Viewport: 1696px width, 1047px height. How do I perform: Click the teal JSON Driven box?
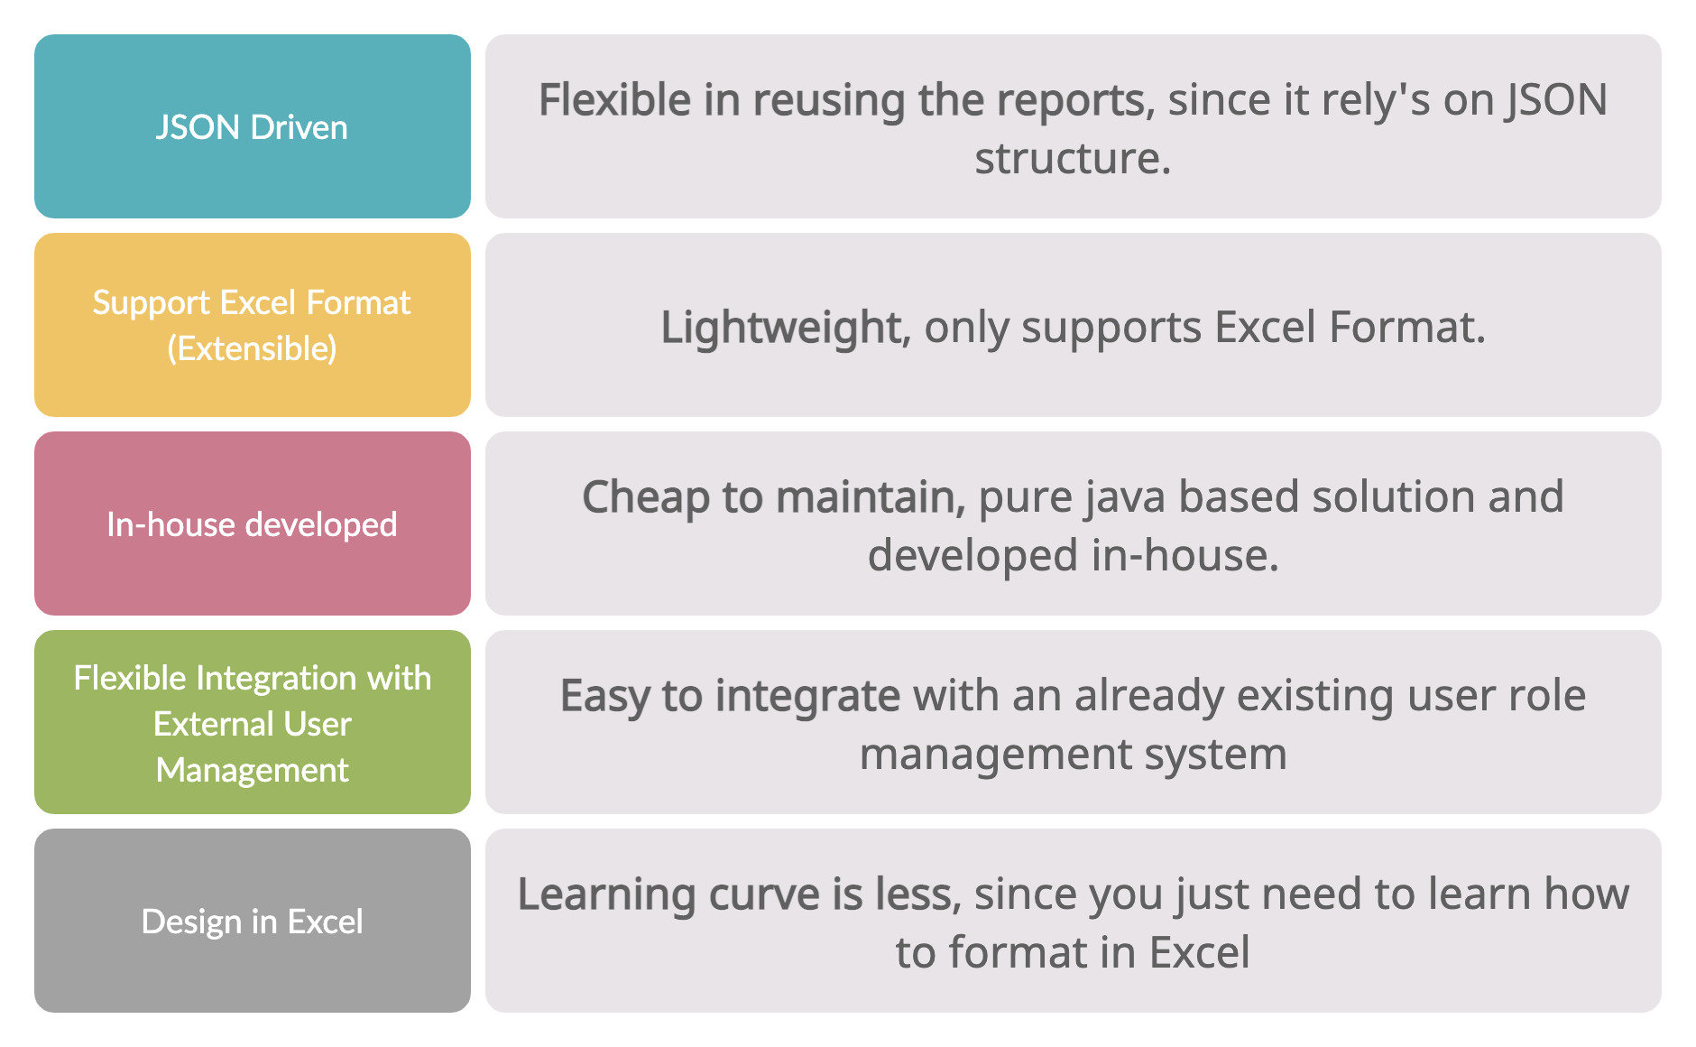[253, 126]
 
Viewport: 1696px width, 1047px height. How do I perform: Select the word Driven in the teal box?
[299, 127]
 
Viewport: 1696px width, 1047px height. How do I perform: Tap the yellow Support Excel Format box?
[253, 325]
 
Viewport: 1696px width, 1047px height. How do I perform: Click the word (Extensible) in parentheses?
[252, 348]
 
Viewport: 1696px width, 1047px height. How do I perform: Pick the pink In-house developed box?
[253, 523]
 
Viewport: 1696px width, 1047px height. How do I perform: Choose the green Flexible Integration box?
[253, 722]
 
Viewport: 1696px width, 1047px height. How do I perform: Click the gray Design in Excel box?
[253, 921]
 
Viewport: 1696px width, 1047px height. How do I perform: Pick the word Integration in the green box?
[276, 678]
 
